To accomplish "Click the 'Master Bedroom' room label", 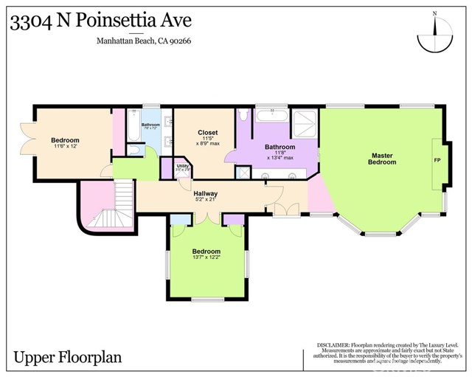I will pos(382,159).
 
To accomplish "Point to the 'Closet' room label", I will pos(208,133).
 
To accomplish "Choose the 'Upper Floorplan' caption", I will pos(67,358).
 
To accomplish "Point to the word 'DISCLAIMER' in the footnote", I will pos(336,345).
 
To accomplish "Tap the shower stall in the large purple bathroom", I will pos(303,122).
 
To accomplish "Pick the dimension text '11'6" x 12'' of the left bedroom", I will pos(65,147).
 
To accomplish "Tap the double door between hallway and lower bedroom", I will pos(207,218).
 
